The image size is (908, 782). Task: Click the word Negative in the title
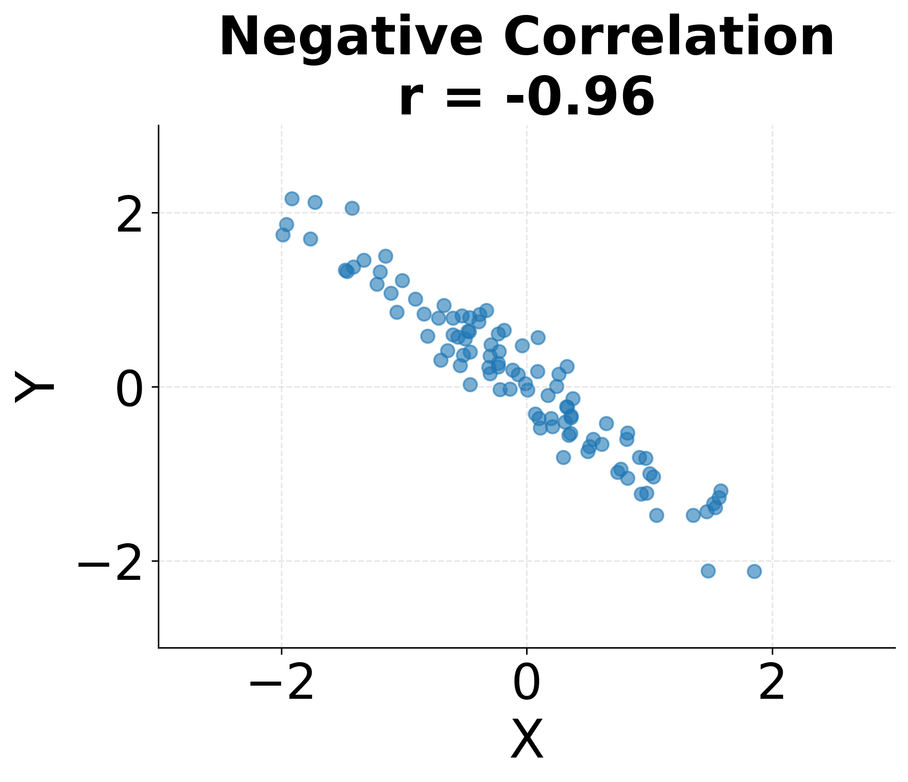point(351,37)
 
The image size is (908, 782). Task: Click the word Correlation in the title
point(669,37)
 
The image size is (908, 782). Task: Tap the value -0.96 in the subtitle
point(580,97)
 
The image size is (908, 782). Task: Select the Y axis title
point(34,387)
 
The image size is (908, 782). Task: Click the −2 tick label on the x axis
point(281,685)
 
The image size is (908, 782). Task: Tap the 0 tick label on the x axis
point(527,685)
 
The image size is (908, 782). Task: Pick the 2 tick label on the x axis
point(772,685)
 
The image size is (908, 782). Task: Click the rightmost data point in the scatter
point(754,571)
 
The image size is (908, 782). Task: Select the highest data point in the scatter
point(292,199)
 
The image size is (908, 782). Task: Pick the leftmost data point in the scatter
point(283,235)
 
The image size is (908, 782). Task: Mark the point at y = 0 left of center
point(470,384)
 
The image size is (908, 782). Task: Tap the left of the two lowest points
point(708,571)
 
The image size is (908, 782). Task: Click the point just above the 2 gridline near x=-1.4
point(352,208)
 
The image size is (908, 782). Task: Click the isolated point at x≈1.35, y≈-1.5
point(693,515)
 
